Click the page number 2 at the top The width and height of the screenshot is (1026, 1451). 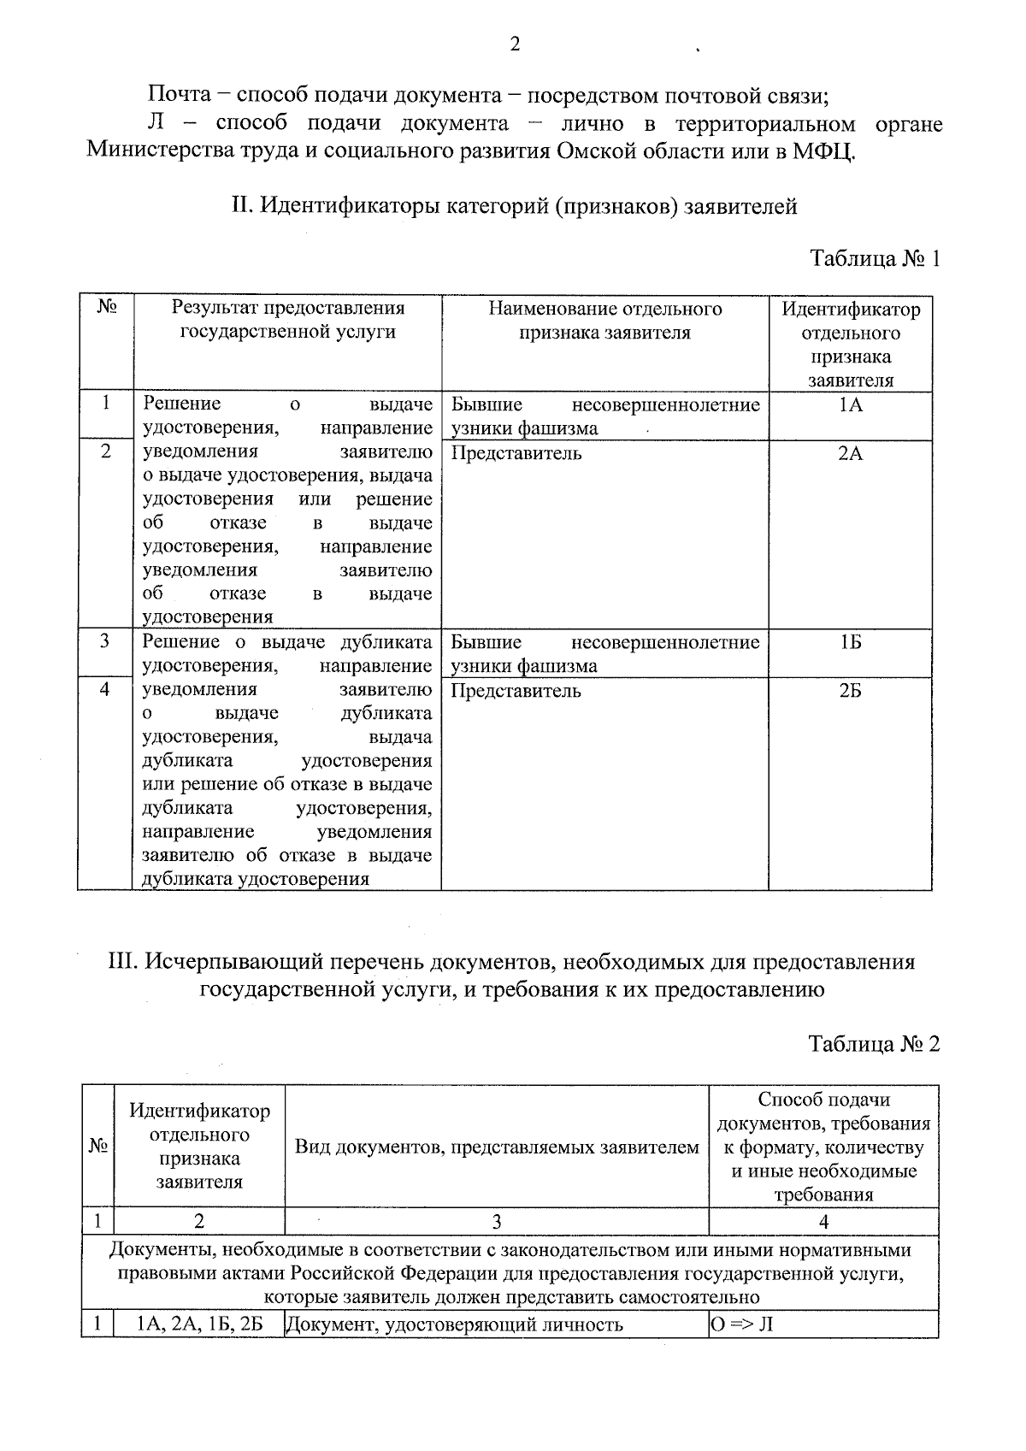click(515, 44)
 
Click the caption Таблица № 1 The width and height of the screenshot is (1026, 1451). click(875, 259)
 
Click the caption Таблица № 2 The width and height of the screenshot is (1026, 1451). click(874, 1044)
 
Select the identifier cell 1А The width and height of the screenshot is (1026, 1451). click(850, 405)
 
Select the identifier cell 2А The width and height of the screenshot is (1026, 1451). click(850, 454)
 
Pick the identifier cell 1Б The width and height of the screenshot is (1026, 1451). click(850, 643)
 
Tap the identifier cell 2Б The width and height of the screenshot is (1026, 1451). click(850, 691)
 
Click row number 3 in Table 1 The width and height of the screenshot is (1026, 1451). click(104, 641)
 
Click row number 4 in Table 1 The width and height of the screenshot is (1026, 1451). click(104, 689)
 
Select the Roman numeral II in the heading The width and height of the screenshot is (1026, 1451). click(239, 206)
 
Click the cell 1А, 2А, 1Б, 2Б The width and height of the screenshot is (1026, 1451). click(199, 1325)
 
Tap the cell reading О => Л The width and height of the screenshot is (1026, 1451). click(741, 1325)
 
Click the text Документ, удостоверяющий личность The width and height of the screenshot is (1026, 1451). click(454, 1325)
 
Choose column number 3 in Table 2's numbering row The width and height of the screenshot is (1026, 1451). click(496, 1222)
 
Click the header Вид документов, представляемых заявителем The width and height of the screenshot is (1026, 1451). click(497, 1147)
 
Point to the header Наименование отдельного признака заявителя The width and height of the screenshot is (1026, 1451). click(604, 321)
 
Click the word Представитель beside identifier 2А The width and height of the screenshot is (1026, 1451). click(516, 454)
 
